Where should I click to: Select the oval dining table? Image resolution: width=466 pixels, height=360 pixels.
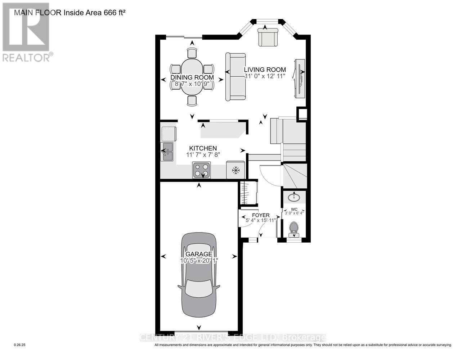tap(192, 77)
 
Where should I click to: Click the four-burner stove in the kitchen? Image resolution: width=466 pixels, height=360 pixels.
tap(202, 170)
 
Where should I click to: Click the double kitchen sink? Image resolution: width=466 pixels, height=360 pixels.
tap(167, 152)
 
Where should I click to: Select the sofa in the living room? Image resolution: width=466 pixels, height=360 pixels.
tap(236, 77)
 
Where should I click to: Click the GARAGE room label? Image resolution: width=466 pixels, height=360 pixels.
tap(198, 254)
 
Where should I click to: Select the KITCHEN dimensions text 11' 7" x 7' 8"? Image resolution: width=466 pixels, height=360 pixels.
tap(203, 155)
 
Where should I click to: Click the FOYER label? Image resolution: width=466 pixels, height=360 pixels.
tap(260, 215)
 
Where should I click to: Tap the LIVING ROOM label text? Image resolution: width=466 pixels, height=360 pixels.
tap(265, 70)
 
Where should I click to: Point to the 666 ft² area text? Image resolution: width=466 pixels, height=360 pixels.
tap(114, 13)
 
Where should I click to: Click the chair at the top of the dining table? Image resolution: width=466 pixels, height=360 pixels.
tap(192, 53)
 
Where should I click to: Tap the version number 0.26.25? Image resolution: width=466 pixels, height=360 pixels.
tap(20, 345)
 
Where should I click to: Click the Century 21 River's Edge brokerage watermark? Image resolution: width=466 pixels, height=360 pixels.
tap(233, 338)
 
